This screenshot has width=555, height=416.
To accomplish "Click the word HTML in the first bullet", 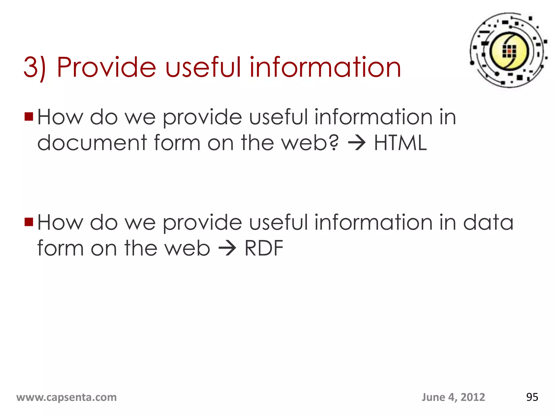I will point(400,143).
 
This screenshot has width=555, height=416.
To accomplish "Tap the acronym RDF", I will point(264,248).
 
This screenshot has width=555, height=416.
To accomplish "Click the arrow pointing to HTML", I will point(357,143).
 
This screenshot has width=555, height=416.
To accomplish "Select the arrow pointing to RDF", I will point(227,248).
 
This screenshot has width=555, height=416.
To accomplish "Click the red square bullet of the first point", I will point(29,117).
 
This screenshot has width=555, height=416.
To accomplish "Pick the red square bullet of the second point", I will point(29,222).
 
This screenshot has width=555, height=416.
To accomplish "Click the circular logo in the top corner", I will point(509,50).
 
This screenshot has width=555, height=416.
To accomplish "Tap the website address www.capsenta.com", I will point(66,397).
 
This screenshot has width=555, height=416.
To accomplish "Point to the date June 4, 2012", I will point(453,397).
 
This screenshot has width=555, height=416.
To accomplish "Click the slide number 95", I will point(532,397).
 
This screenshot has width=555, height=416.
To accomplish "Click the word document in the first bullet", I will point(92,143).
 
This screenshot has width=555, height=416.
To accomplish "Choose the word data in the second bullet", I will point(488,222).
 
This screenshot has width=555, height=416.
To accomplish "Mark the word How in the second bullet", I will point(60,222).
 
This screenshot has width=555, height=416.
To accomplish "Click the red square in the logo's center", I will point(509,51).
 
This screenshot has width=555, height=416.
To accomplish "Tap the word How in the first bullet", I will point(60,117).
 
